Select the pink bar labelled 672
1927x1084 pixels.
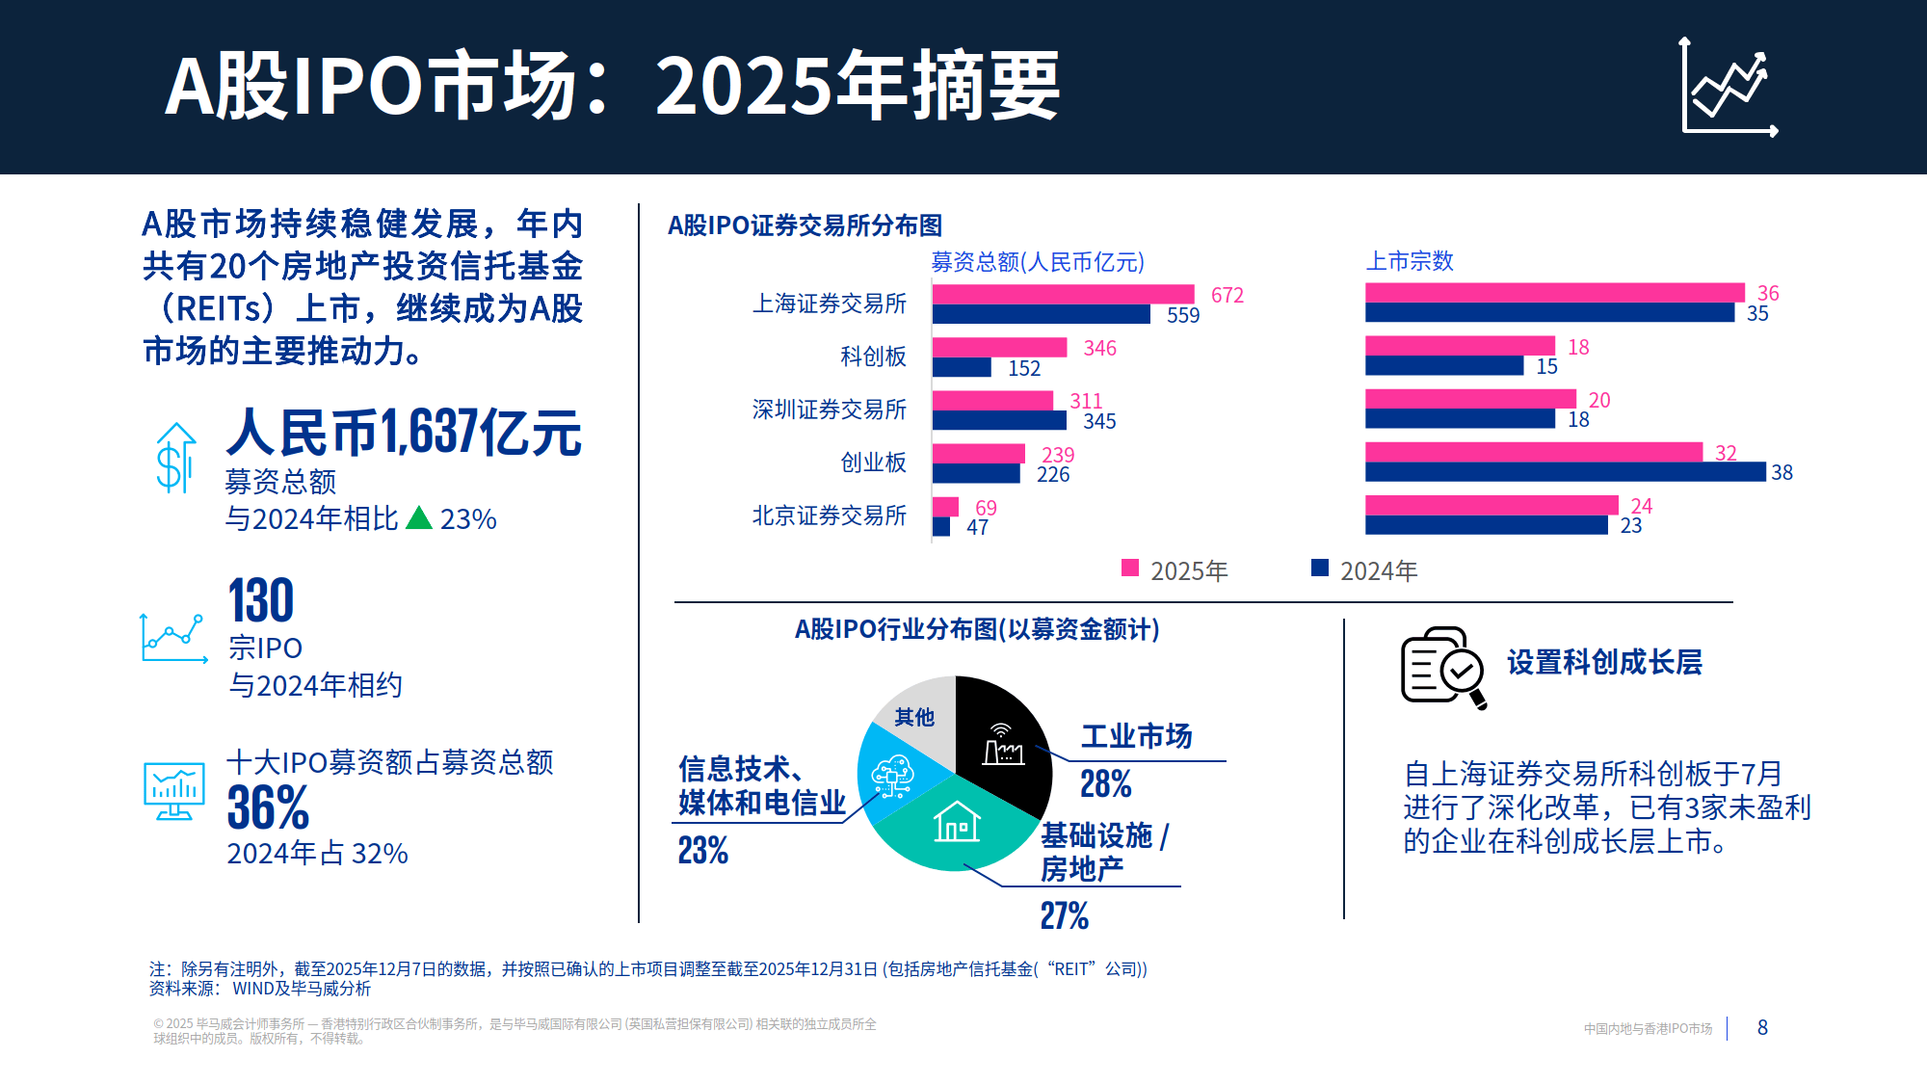tap(1063, 294)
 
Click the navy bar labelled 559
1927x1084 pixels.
tap(1041, 314)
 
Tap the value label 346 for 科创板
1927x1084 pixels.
tap(1099, 348)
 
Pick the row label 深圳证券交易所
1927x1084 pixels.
tap(829, 410)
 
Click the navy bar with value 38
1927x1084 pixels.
tap(1565, 472)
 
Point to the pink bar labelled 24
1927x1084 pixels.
tap(1491, 505)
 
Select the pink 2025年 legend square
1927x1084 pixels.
tap(1130, 568)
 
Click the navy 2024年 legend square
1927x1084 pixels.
tap(1320, 568)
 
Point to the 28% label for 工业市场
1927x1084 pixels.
tap(1105, 784)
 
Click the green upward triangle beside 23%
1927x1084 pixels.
tap(419, 518)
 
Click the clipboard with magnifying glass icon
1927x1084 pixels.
tap(1442, 667)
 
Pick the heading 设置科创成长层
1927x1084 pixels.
tap(1604, 662)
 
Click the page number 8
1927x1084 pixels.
tap(1762, 1027)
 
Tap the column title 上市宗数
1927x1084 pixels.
tap(1409, 261)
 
